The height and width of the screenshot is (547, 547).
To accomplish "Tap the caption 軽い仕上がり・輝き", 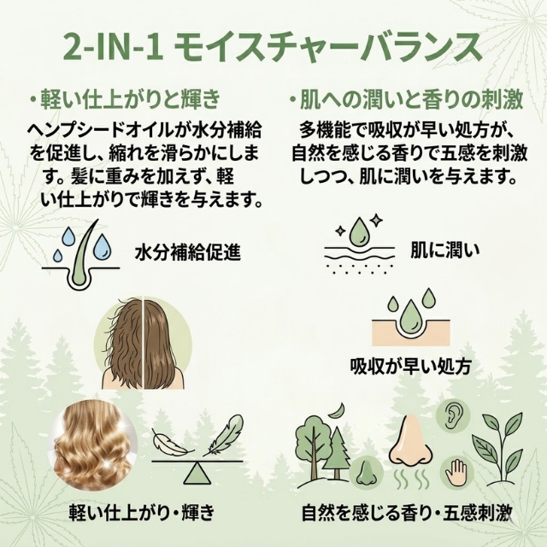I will tap(140, 515).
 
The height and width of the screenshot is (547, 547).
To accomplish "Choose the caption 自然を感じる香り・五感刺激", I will tap(406, 515).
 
